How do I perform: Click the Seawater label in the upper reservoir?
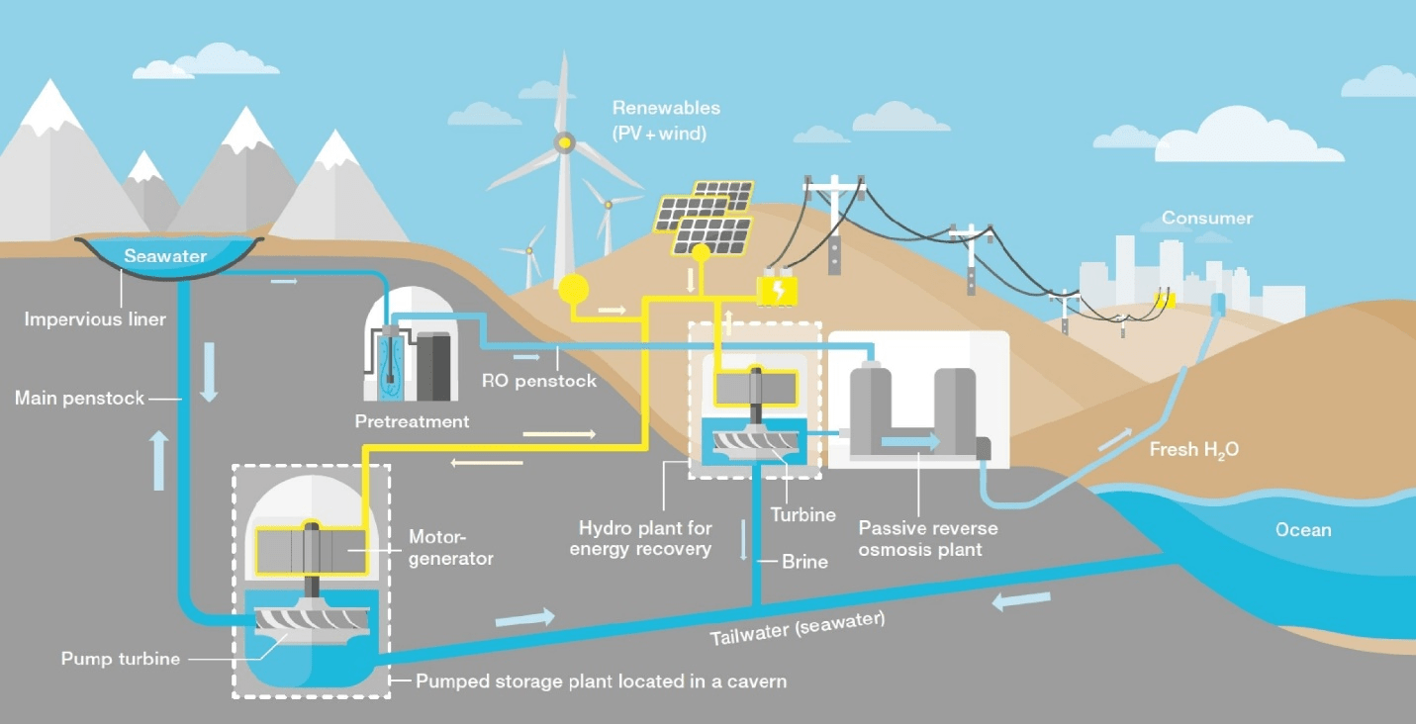coord(165,256)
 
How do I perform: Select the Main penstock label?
coord(79,399)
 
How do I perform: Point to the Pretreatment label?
coord(412,421)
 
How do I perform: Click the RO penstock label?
coord(539,380)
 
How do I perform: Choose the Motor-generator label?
coord(451,547)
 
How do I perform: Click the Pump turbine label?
coord(121,658)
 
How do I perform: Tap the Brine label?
coord(804,561)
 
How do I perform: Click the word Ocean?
coord(1303,529)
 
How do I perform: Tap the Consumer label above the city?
coord(1206,218)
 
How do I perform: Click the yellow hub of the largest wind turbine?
coord(563,143)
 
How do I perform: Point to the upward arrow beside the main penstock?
coord(159,461)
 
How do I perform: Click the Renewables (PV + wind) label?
coord(666,119)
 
